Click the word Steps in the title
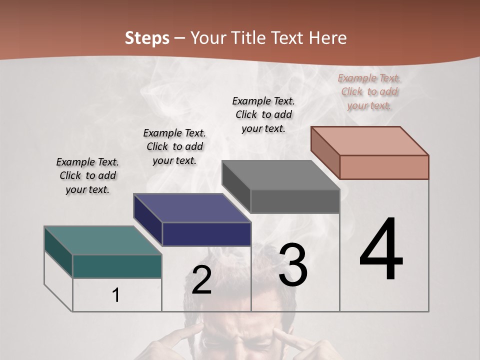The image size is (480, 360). (147, 38)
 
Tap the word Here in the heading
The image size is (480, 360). (328, 38)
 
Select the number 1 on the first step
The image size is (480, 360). (116, 295)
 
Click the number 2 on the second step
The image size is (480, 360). (201, 280)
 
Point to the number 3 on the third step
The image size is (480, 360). (293, 265)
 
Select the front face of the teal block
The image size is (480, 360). (117, 266)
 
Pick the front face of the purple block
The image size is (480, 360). (206, 234)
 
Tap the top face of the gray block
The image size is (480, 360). (281, 175)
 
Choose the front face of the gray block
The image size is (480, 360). (295, 201)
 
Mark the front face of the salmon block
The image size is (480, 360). (384, 167)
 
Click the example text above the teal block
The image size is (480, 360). (87, 175)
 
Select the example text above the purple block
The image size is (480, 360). (174, 146)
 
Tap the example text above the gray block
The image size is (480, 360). (263, 114)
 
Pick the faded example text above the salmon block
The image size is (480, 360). (369, 91)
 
